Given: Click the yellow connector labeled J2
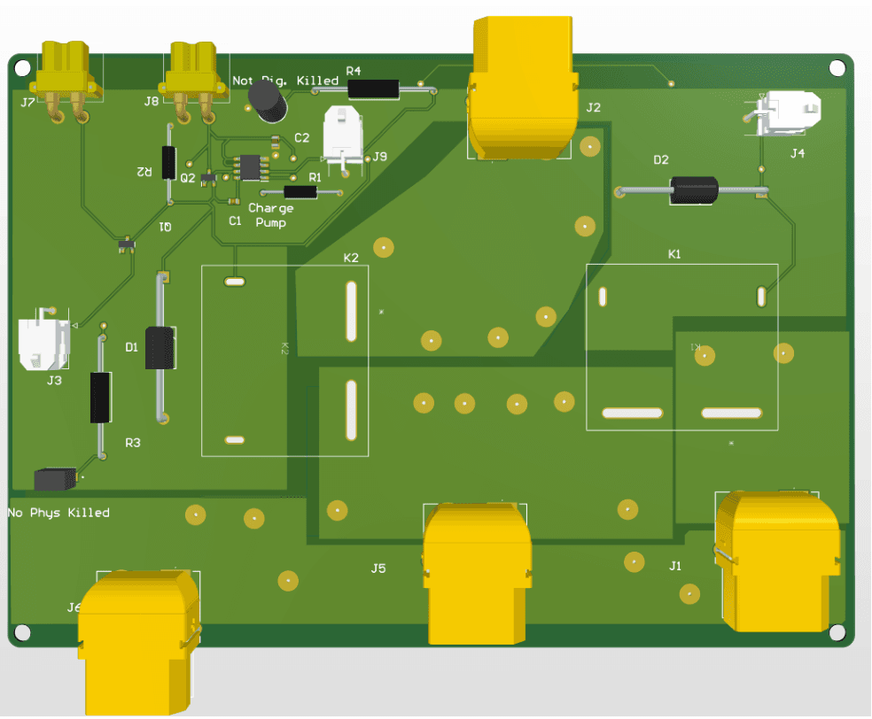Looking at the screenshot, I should click(521, 89).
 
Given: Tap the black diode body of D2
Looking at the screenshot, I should click(693, 189).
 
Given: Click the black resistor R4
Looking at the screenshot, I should click(373, 89).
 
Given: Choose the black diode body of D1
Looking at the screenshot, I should click(160, 348).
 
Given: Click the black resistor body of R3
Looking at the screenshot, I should click(101, 397).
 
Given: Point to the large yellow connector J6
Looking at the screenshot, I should click(137, 638).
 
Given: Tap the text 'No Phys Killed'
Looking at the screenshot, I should click(58, 513).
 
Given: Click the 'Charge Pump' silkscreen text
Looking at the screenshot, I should click(270, 215).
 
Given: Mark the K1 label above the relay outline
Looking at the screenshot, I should click(674, 254).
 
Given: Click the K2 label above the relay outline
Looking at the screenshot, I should click(351, 258).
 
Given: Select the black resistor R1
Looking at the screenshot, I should click(302, 191).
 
